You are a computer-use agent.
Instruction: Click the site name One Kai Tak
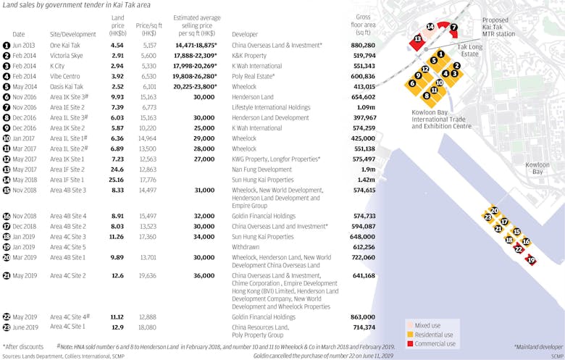(x=65, y=45)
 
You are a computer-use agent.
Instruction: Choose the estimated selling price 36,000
(x=204, y=275)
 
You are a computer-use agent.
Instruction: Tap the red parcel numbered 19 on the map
(x=531, y=260)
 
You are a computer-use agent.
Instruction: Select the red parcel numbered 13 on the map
(x=417, y=38)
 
